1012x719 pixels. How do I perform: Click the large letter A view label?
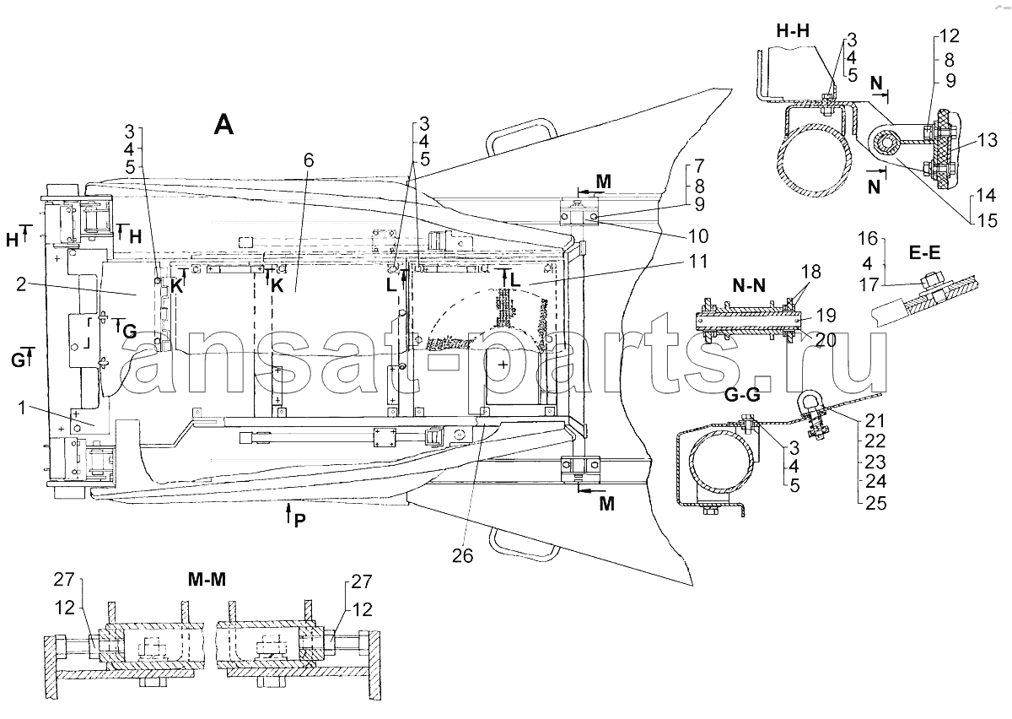pos(224,125)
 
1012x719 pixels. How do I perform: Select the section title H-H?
pos(793,31)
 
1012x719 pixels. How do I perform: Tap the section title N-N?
pos(749,285)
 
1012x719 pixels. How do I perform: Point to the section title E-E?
pos(924,253)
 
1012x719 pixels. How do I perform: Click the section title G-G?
pos(742,395)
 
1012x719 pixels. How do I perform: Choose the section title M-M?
pos(207,579)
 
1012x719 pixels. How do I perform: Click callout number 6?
pos(309,160)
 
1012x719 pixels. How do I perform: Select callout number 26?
pos(463,556)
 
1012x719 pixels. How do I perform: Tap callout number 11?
pos(697,262)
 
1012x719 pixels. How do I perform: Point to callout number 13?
pos(987,140)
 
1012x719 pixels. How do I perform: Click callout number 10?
pos(697,235)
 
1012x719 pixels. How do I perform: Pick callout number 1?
pos(22,408)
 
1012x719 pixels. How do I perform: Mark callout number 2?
pos(21,284)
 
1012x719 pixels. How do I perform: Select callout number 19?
pos(826,315)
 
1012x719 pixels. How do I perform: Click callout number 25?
pos(875,503)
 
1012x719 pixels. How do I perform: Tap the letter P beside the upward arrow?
pos(299,521)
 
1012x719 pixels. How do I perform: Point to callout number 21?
pos(875,420)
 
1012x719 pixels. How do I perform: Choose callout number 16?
pos(868,238)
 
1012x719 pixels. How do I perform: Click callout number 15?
pos(987,220)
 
